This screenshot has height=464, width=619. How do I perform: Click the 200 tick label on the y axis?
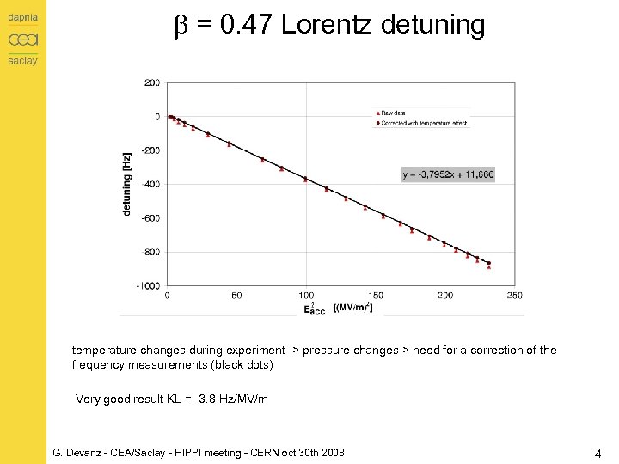click(x=151, y=82)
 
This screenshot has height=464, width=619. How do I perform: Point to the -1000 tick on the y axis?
click(x=149, y=286)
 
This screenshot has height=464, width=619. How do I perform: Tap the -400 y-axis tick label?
click(x=150, y=184)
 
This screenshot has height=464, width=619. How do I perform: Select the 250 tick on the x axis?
click(x=514, y=296)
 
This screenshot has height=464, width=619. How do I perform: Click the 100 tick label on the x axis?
click(x=306, y=296)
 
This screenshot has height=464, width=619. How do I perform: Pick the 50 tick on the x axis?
click(x=236, y=296)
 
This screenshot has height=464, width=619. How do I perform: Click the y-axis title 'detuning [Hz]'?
click(x=127, y=184)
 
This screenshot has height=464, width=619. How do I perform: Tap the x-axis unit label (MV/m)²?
click(x=352, y=307)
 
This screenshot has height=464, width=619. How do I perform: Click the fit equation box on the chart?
click(x=448, y=174)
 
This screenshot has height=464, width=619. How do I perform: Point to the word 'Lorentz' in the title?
click(x=325, y=25)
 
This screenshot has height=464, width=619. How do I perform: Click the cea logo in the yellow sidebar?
click(x=23, y=40)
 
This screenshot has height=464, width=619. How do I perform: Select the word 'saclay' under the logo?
click(x=23, y=60)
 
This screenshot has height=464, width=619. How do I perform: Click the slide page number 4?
click(x=598, y=452)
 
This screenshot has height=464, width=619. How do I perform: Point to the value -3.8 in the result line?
click(x=199, y=399)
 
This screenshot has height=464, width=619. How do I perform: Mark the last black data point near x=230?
click(x=488, y=263)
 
